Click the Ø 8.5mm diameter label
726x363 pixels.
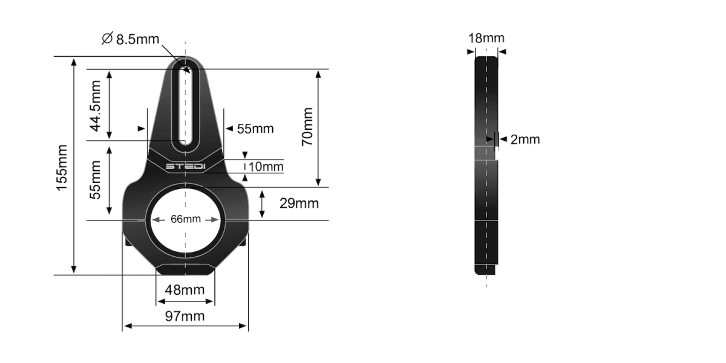tap(131, 39)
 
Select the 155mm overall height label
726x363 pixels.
tap(61, 168)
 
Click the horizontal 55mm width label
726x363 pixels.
tap(255, 129)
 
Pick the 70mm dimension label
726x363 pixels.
tap(307, 127)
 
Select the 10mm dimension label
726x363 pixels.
tap(266, 167)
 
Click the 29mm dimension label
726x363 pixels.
tap(298, 204)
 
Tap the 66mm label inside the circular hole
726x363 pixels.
tap(185, 219)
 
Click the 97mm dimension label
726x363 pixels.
tap(185, 316)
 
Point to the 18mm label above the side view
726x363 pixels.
tap(486, 39)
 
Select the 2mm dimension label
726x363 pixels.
tap(525, 140)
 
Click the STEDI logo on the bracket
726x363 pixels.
tap(186, 165)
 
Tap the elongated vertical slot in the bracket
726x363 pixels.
tap(185, 106)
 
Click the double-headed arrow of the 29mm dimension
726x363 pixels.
tap(262, 204)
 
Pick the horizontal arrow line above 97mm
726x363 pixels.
tap(185, 326)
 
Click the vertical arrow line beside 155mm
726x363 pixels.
tap(74, 166)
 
